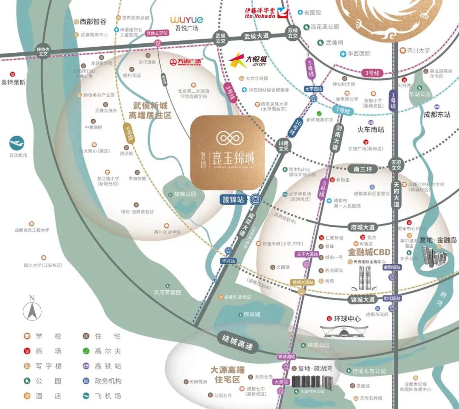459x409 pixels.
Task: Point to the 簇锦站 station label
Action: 234,199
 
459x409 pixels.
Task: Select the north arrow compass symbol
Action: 31,309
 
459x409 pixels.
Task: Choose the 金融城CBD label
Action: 369,252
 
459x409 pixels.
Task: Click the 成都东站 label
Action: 437,114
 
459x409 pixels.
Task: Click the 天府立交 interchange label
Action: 397,165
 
